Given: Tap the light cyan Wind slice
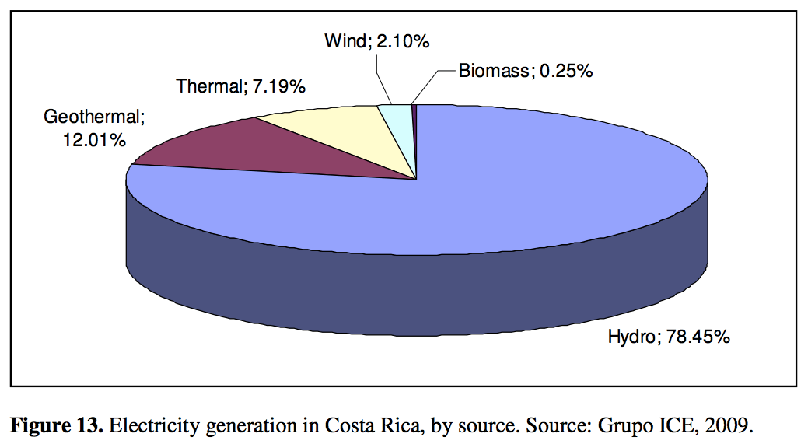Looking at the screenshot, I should click(x=397, y=124).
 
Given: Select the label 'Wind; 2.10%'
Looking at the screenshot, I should click(x=376, y=41).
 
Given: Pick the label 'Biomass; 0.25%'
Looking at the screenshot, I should click(x=525, y=72).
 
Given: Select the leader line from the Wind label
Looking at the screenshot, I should click(x=382, y=78).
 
